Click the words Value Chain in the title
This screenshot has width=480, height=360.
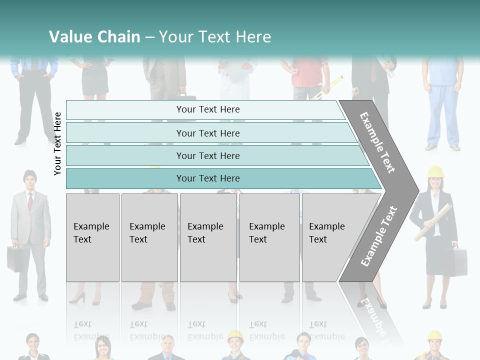pyautogui.click(x=94, y=36)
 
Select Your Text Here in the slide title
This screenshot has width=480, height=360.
pyautogui.click(x=214, y=36)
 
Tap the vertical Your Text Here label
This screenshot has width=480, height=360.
pyautogui.click(x=57, y=143)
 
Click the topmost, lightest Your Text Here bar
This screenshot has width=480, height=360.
pyautogui.click(x=207, y=109)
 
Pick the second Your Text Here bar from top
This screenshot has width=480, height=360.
pyautogui.click(x=207, y=133)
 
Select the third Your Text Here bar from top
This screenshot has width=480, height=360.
pyautogui.click(x=207, y=155)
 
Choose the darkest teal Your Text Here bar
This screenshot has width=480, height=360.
pyautogui.click(x=207, y=178)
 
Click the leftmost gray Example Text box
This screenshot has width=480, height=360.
pyautogui.click(x=92, y=237)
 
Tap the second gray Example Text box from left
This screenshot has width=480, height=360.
pyautogui.click(x=149, y=237)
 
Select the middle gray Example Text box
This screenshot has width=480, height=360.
pyautogui.click(x=208, y=237)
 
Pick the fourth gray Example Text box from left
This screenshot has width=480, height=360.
pyautogui.click(x=269, y=237)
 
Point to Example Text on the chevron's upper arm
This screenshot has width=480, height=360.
pyautogui.click(x=377, y=142)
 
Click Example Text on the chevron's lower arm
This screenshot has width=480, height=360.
pyautogui.click(x=379, y=236)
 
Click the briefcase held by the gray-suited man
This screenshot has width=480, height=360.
pyautogui.click(x=14, y=258)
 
